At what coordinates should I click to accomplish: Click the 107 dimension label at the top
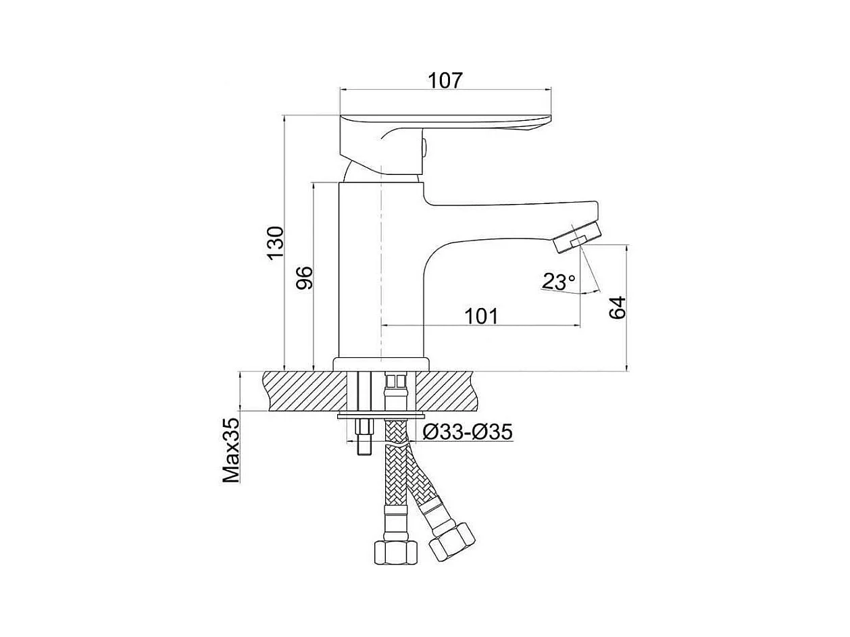point(445,80)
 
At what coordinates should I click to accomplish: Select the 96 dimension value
point(305,277)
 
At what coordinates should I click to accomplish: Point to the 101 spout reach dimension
point(480,315)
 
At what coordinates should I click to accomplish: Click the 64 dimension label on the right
point(618,307)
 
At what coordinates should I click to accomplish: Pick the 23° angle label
point(558,281)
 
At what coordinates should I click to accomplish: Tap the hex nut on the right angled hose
point(451,540)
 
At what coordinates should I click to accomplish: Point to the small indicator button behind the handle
point(424,146)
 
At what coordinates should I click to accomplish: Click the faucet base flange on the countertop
point(382,363)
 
